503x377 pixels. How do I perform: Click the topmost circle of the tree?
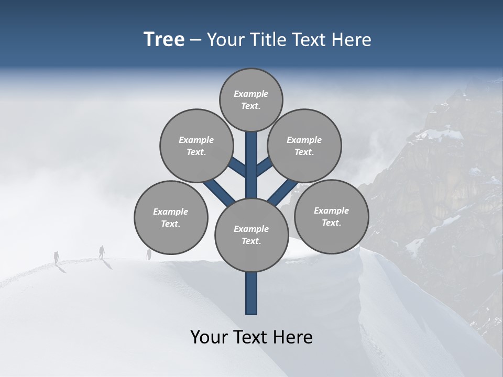(x=251, y=99)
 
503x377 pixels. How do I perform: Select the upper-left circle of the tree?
(x=196, y=146)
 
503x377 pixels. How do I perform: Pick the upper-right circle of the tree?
(x=304, y=146)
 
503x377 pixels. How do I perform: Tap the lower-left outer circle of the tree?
(x=171, y=217)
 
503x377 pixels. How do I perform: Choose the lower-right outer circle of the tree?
(x=331, y=216)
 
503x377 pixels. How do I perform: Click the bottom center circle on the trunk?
(x=251, y=235)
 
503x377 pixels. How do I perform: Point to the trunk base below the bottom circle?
(x=251, y=293)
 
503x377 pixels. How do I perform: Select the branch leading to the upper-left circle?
(x=237, y=167)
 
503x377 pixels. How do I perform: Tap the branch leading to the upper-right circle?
(x=265, y=167)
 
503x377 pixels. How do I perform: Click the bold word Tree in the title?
(x=164, y=39)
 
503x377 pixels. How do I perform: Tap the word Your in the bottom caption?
(x=208, y=337)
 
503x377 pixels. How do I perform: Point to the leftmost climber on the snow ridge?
(x=57, y=257)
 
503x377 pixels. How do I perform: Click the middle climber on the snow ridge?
(x=102, y=252)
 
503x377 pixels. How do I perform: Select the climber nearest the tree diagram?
(x=149, y=254)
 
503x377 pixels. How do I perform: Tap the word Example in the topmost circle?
(x=251, y=94)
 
